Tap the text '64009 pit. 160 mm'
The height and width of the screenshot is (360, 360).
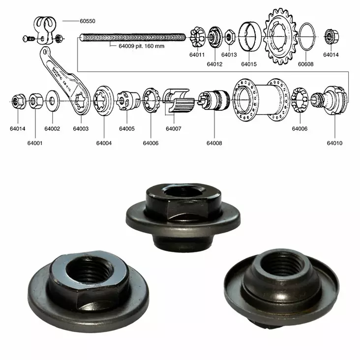(x=141, y=47)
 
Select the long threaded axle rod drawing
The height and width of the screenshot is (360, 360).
(x=133, y=37)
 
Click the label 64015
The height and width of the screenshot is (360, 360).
(x=249, y=64)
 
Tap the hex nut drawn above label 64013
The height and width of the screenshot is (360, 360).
(x=229, y=36)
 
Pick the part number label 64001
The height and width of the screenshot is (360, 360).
(x=35, y=143)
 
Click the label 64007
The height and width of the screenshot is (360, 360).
(x=174, y=129)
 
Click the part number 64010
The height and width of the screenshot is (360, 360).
(x=334, y=143)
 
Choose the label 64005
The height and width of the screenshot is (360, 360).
(x=126, y=129)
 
